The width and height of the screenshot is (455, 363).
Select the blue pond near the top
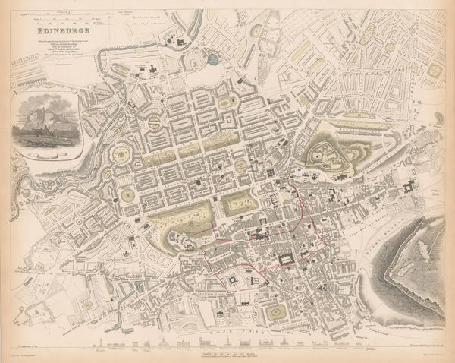(213, 57)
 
